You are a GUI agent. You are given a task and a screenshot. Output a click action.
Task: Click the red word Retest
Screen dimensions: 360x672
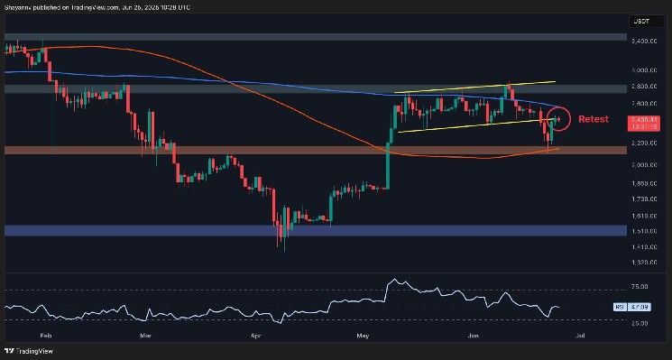tap(593, 119)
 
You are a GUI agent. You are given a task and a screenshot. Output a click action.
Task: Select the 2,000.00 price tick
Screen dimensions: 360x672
tap(642, 164)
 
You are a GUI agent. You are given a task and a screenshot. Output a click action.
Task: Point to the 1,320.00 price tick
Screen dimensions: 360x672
tap(642, 263)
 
